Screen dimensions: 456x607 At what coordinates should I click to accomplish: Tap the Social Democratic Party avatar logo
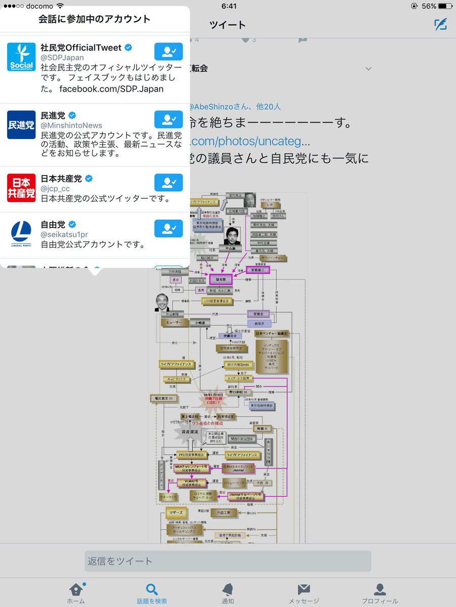(21, 57)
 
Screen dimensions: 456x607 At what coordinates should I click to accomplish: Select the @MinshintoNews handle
(71, 125)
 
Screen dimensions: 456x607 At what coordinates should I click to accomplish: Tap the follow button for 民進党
(168, 119)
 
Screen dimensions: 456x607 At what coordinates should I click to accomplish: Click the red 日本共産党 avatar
(21, 188)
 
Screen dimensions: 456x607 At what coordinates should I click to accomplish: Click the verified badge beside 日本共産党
(89, 179)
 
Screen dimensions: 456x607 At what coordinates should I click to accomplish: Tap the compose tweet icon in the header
(440, 25)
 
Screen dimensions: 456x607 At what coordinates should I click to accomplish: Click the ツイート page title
(227, 25)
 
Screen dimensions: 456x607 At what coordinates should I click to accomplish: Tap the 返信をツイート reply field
(227, 561)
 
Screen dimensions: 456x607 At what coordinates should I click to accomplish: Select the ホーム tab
(76, 593)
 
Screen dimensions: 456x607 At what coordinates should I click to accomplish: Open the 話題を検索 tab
(151, 593)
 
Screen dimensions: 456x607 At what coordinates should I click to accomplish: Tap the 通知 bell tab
(227, 593)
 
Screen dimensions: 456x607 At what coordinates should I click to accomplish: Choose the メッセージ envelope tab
(303, 593)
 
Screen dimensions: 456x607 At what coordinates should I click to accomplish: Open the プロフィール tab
(379, 593)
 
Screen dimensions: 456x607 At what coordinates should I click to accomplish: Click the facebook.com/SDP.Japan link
(111, 89)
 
